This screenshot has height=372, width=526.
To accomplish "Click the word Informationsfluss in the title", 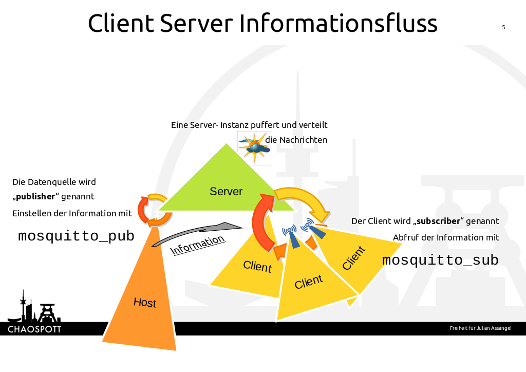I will click(339, 24).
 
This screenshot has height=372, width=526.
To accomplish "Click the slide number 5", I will click(503, 27).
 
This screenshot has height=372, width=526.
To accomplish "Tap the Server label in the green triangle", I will click(226, 192).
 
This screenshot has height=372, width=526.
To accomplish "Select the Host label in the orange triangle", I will click(144, 302).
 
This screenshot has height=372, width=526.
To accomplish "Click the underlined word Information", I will click(198, 245).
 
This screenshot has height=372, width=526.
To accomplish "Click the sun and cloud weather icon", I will click(254, 147).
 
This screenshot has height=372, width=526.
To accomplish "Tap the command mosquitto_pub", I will click(76, 236).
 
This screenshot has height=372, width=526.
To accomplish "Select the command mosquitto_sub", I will click(440, 261).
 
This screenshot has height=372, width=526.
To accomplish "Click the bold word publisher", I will click(35, 196).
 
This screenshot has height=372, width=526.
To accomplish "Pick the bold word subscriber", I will click(438, 221).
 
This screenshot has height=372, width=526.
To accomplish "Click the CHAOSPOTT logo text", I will click(34, 329).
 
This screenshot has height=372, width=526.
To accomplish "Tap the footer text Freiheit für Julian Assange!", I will click(480, 328).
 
